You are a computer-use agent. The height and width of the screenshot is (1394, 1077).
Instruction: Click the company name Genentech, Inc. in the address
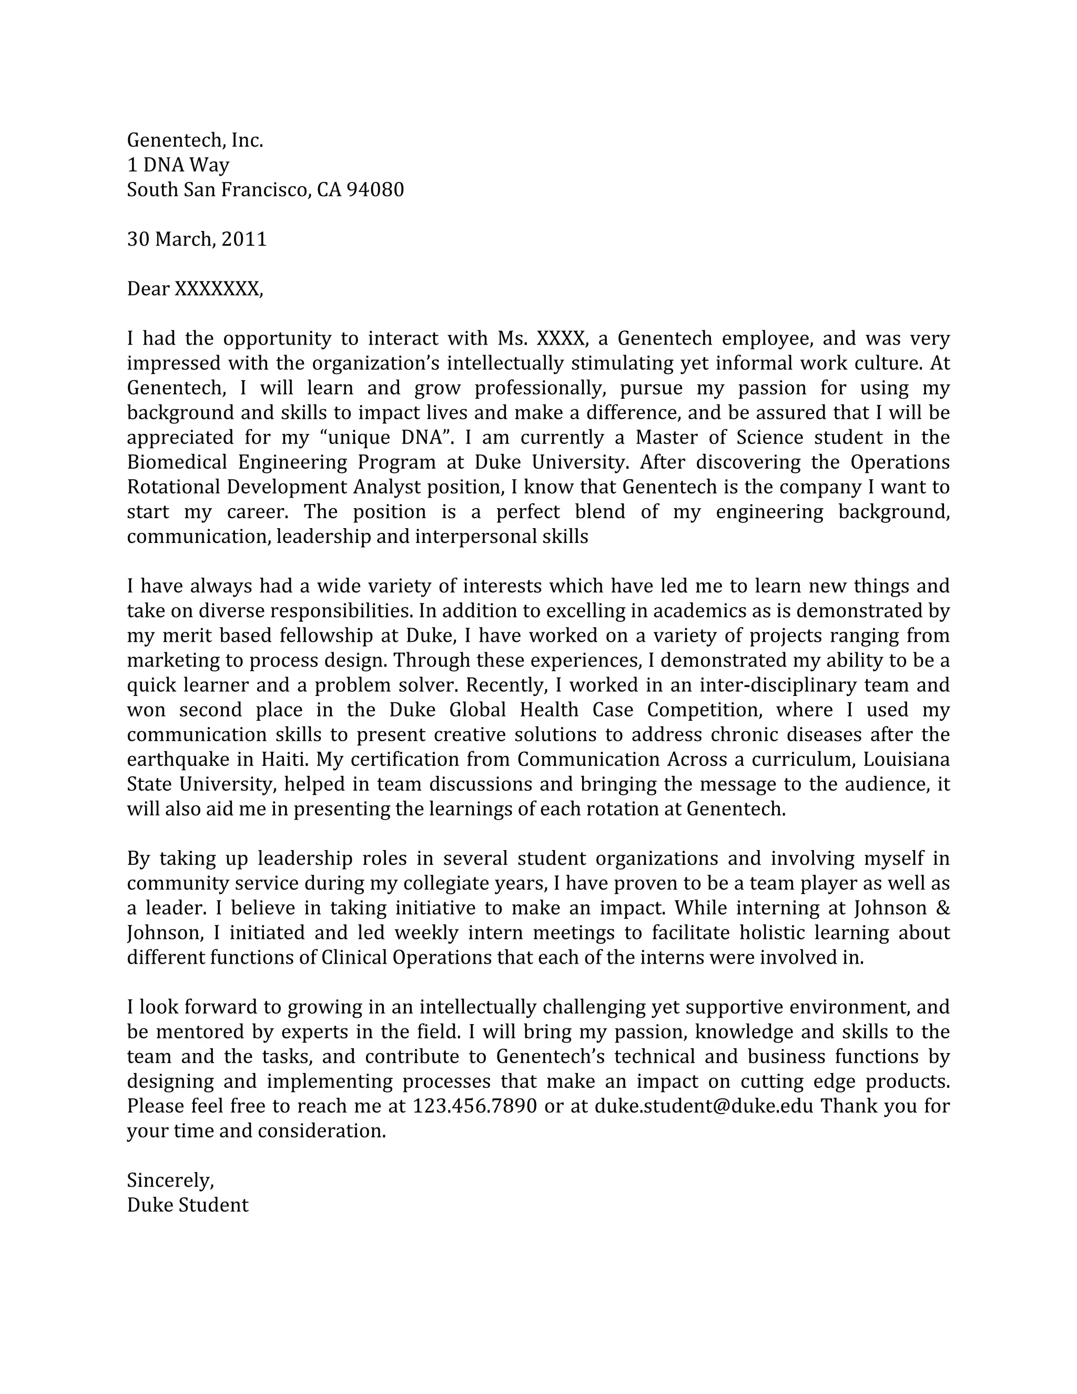pos(195,140)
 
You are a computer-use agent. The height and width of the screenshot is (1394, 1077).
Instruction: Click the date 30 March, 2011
pos(197,239)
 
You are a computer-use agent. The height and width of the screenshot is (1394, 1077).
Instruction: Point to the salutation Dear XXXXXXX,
pos(195,289)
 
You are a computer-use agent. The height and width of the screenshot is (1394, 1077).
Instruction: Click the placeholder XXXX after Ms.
pos(560,338)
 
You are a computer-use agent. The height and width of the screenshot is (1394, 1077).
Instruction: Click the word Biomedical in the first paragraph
pos(177,462)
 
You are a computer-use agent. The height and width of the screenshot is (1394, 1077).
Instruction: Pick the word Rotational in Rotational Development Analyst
pos(174,487)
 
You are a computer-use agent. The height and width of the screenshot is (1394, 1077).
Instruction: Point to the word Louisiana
pos(911,760)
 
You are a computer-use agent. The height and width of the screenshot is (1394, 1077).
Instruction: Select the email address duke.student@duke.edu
pos(704,1107)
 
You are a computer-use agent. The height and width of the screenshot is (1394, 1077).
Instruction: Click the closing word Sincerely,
pos(170,1181)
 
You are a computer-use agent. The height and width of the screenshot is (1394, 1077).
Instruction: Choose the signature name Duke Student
pos(188,1206)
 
